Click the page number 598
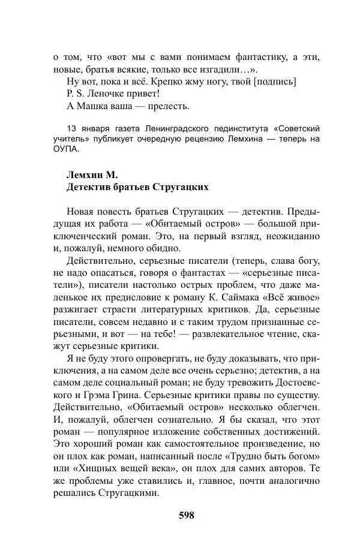pyautogui.click(x=186, y=515)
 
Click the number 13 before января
pyautogui.click(x=72, y=129)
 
